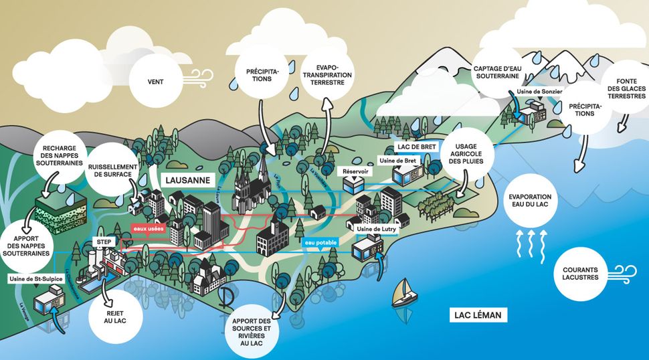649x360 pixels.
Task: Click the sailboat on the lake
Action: pyautogui.click(x=403, y=292)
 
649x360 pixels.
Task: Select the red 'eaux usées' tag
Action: pyautogui.click(x=149, y=229)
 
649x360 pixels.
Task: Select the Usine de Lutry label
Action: pyautogui.click(x=377, y=230)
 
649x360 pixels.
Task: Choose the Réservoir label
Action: pyautogui.click(x=355, y=171)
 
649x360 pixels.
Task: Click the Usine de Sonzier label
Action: pyautogui.click(x=539, y=91)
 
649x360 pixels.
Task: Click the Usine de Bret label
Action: pyautogui.click(x=397, y=161)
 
